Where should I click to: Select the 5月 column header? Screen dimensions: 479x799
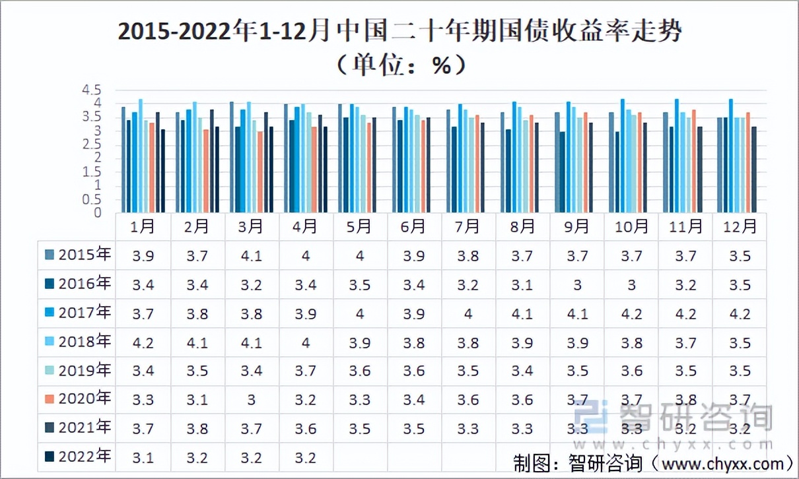click(x=359, y=227)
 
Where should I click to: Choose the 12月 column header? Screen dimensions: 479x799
click(x=740, y=227)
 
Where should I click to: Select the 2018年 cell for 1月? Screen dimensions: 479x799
click(x=143, y=342)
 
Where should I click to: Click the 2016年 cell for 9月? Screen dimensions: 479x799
click(x=577, y=284)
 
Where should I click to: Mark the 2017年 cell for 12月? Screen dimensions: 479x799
click(x=740, y=313)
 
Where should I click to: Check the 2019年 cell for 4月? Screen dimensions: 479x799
click(x=305, y=371)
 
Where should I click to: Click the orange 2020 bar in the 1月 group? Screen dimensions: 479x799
click(x=152, y=168)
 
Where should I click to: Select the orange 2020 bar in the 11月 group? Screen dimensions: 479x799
click(x=694, y=161)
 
